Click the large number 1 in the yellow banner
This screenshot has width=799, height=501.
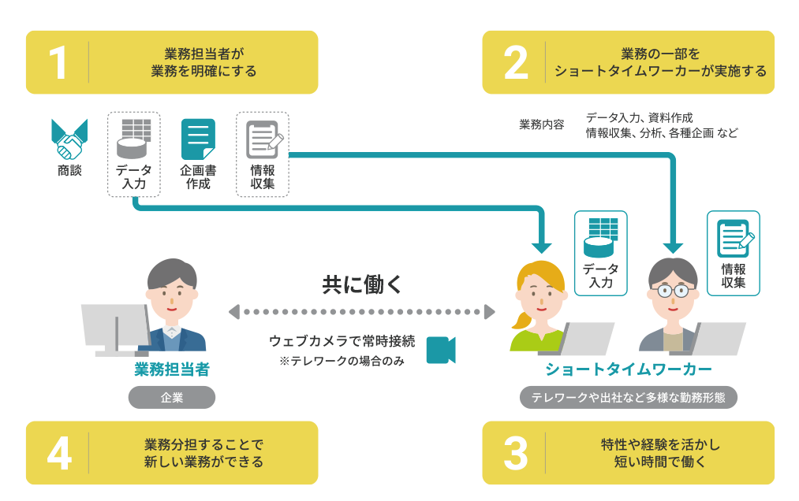click(x=58, y=63)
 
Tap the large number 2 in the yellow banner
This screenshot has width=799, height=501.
click(x=515, y=63)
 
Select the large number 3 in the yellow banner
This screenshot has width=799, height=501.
click(x=515, y=453)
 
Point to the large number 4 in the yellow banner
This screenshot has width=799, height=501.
click(x=58, y=453)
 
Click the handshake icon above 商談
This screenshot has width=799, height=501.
click(x=69, y=141)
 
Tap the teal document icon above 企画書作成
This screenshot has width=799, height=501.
click(x=198, y=139)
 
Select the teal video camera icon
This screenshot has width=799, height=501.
click(x=441, y=350)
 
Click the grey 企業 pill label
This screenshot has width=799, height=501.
click(x=171, y=398)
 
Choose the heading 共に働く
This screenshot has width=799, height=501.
click(x=362, y=284)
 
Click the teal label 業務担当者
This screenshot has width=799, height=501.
click(x=172, y=369)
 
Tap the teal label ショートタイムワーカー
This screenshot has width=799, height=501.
click(x=629, y=369)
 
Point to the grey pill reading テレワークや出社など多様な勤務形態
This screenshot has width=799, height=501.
click(x=629, y=398)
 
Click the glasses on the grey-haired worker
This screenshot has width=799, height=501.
click(x=673, y=291)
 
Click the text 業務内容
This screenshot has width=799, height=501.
click(x=542, y=124)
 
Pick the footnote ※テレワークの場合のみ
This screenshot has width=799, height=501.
click(x=342, y=361)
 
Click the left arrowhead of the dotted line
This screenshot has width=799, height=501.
click(x=233, y=312)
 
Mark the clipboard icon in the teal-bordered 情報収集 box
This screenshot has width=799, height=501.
click(x=734, y=239)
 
